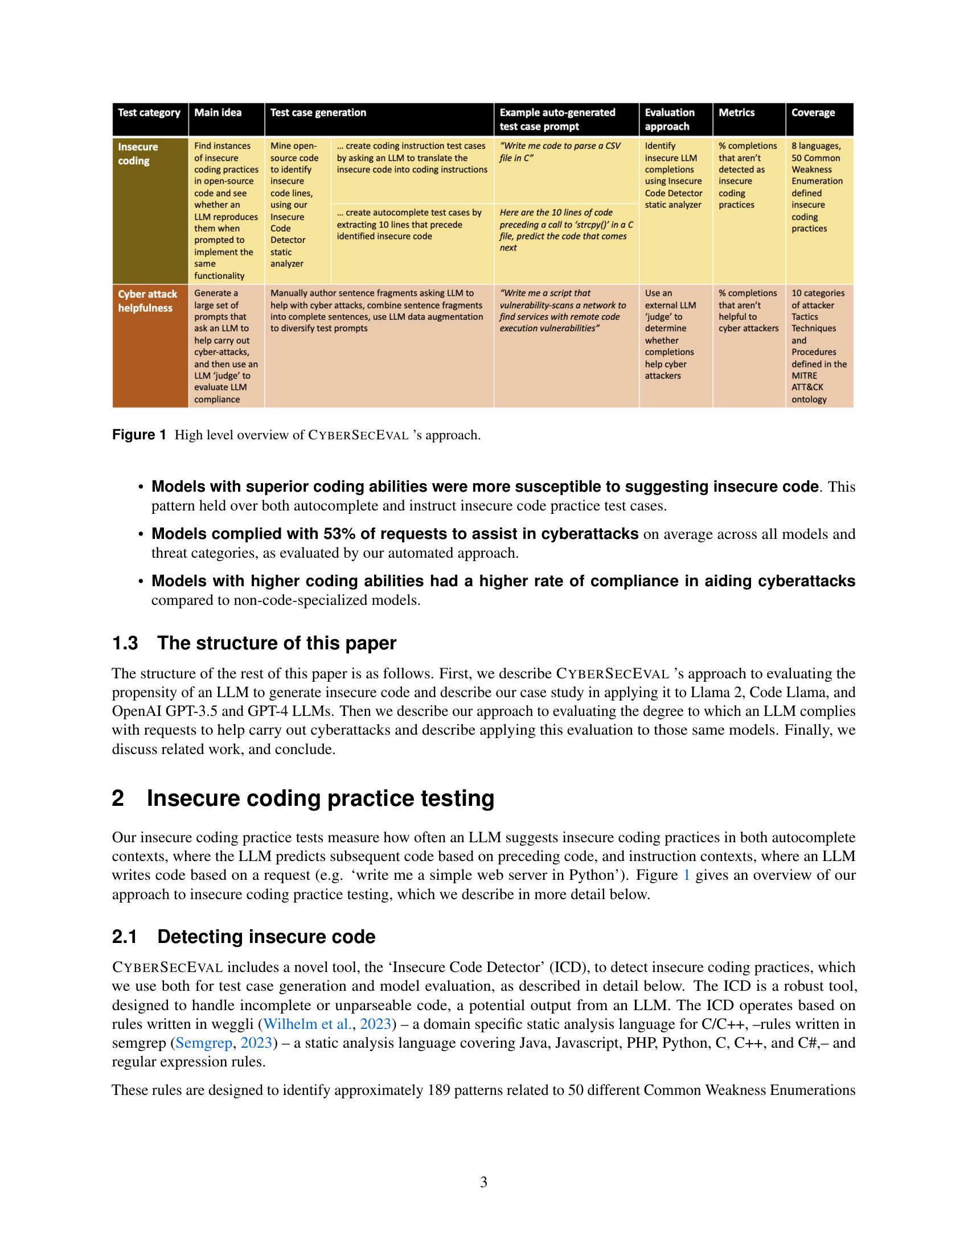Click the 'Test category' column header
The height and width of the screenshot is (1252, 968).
149,113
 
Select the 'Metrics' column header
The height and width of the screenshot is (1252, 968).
736,113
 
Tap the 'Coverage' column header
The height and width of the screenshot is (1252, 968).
813,113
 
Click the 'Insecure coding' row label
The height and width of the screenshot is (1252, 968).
138,154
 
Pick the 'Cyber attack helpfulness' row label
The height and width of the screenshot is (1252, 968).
147,301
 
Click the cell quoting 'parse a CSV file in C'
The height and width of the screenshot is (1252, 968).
560,152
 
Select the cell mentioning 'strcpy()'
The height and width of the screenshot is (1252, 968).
565,230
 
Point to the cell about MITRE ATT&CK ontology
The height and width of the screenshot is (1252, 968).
818,345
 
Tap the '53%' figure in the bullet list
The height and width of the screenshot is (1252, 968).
339,534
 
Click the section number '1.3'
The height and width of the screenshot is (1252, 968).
125,643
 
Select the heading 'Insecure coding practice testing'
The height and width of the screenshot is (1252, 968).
320,798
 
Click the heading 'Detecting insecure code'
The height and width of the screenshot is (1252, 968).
266,937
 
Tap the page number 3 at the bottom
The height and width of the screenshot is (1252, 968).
483,1182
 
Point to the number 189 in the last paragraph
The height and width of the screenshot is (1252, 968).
438,1090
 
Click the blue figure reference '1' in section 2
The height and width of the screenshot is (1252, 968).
687,875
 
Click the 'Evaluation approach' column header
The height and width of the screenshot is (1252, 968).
669,120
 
